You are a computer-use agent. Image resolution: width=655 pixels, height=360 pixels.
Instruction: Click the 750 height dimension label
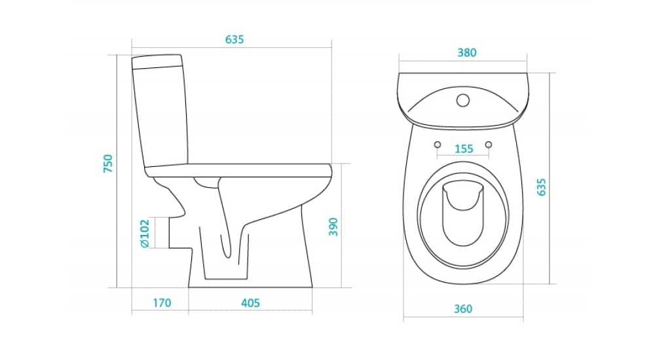pos(108,164)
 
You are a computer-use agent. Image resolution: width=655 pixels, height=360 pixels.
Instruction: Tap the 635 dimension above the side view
pos(234,39)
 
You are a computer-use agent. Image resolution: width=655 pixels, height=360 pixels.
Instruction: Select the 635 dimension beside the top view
pos(541,187)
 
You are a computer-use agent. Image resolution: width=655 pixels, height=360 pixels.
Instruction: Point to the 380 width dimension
pos(467,52)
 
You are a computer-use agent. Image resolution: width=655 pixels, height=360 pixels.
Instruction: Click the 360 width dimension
pos(463,309)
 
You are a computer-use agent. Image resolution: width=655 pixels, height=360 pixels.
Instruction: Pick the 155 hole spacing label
pos(464,149)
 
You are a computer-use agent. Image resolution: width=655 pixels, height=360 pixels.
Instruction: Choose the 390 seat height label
pos(333,226)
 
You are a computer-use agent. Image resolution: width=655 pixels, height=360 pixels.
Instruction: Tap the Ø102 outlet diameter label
pos(145,234)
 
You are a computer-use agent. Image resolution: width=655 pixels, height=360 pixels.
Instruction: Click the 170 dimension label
pos(162,302)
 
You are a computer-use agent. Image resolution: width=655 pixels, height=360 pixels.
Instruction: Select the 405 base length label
pos(250,302)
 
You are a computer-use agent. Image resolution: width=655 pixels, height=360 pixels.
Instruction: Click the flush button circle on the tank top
pos(463,100)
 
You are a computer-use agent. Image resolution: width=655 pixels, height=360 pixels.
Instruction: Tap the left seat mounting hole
pos(438,145)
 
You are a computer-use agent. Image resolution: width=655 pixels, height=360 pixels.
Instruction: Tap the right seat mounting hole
pos(489,145)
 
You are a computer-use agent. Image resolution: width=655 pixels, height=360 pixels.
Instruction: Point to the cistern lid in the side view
pos(157,62)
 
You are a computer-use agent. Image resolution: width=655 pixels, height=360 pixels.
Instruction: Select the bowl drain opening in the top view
pos(463,213)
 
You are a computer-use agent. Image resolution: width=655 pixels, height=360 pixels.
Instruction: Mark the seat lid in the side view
pos(239,170)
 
